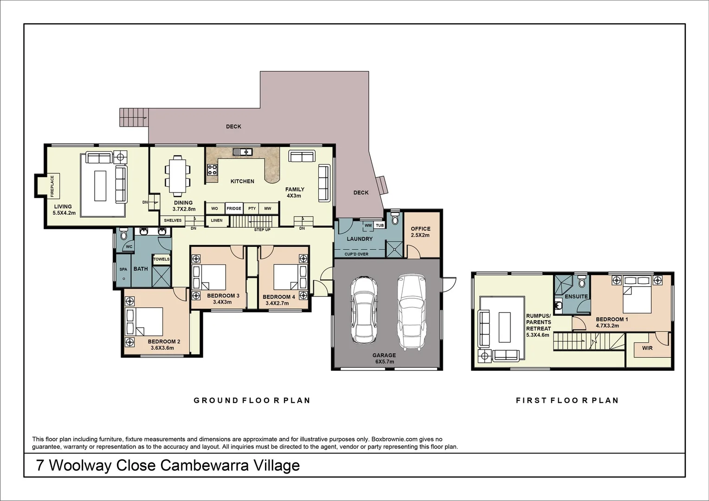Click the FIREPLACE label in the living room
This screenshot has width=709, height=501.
(x=52, y=186)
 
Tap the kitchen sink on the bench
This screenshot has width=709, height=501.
(x=243, y=151)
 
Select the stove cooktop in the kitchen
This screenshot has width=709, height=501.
(x=213, y=170)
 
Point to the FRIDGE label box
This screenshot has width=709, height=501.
(x=234, y=209)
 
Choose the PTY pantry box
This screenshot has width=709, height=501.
(x=252, y=209)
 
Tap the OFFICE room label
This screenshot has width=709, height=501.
(x=420, y=229)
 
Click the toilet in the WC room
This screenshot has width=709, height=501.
(x=123, y=235)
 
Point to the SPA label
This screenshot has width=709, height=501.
(x=123, y=269)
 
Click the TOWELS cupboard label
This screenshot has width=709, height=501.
(x=161, y=259)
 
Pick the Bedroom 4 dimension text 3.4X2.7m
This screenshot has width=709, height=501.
(x=277, y=303)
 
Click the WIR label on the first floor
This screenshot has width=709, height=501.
(x=647, y=348)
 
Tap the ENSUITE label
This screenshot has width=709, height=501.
(x=576, y=296)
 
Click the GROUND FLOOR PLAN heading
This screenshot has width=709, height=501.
(x=251, y=400)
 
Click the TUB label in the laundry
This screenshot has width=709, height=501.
(x=380, y=225)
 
